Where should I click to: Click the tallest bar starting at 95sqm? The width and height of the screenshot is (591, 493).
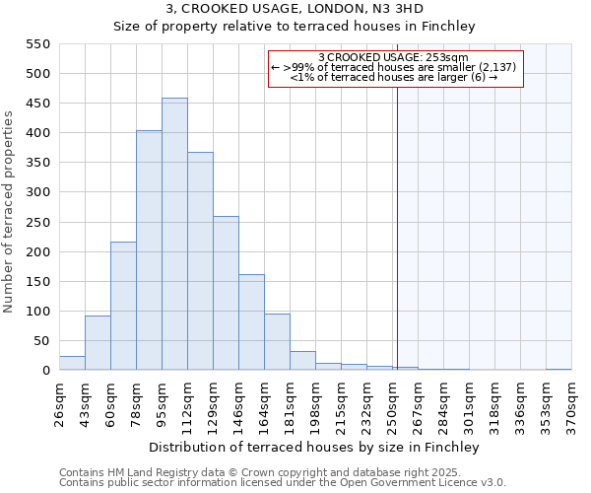click(x=174, y=235)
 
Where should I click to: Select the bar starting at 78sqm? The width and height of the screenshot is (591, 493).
click(x=149, y=250)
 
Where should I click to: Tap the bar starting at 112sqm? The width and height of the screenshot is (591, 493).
click(x=200, y=261)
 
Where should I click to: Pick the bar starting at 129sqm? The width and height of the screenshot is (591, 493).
click(x=226, y=293)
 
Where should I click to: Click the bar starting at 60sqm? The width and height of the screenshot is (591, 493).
click(x=123, y=306)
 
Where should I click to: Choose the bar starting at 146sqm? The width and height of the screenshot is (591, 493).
click(x=251, y=322)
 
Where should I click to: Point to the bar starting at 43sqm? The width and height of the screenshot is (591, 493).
click(x=98, y=343)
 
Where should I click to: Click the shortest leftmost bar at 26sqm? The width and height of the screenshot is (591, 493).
click(x=72, y=363)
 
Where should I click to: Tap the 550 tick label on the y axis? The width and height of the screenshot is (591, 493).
click(x=37, y=44)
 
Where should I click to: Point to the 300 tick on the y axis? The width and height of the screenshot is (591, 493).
click(x=37, y=192)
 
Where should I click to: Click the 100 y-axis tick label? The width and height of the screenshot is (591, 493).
click(x=37, y=312)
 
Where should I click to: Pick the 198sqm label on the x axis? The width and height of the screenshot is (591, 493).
click(x=315, y=404)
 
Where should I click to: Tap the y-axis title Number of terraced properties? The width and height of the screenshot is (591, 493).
click(x=10, y=212)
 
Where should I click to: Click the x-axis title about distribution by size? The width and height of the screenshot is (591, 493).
click(x=315, y=448)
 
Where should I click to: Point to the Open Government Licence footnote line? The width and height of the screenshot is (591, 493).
click(x=283, y=483)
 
